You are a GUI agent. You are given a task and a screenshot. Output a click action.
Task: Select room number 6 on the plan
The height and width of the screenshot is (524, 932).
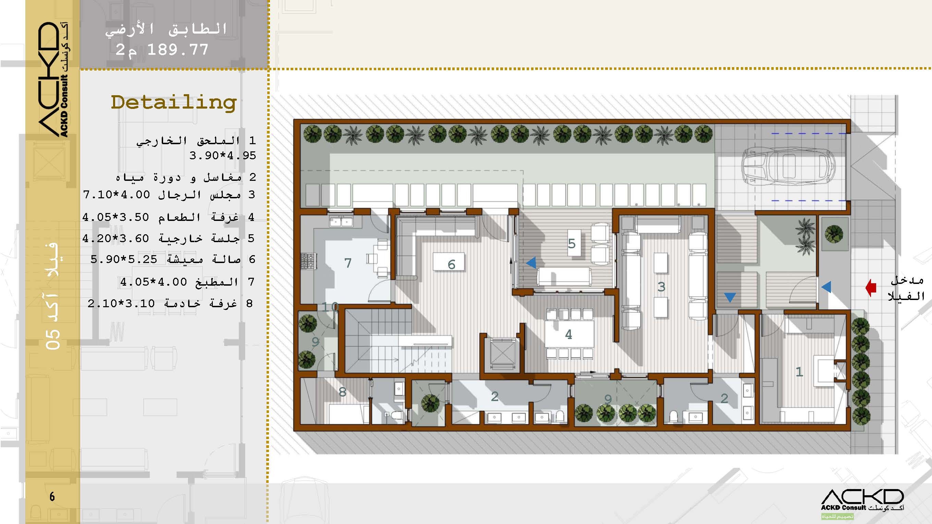[x=451, y=265]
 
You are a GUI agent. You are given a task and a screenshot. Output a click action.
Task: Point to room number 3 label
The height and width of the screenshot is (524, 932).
[x=661, y=287]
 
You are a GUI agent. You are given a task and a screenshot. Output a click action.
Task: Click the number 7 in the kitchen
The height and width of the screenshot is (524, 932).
[x=348, y=263]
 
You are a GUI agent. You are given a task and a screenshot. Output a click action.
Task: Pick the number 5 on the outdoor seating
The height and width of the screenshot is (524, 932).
[x=572, y=244]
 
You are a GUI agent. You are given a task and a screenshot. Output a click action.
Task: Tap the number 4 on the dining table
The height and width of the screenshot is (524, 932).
[x=568, y=334]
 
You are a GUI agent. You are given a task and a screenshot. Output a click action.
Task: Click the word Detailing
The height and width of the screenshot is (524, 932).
[x=174, y=102]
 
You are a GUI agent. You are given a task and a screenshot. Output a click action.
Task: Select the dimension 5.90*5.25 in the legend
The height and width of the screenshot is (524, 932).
[x=124, y=259]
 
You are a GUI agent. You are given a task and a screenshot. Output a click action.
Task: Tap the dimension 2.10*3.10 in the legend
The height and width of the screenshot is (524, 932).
[x=121, y=303]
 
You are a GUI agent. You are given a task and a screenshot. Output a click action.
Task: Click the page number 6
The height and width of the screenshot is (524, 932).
[x=52, y=497]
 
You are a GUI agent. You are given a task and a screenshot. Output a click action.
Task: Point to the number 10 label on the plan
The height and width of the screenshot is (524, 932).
[x=330, y=307]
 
